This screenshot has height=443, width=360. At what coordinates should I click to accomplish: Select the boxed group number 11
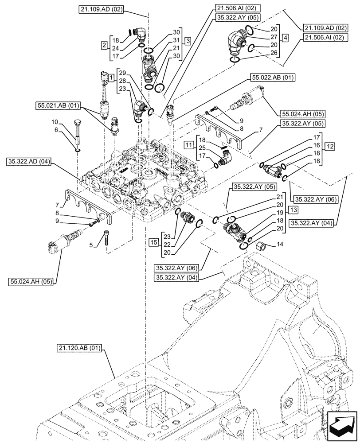click(x=188, y=145)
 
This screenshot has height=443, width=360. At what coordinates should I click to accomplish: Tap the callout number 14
click(x=279, y=244)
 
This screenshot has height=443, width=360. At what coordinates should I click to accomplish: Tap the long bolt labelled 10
click(x=78, y=132)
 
